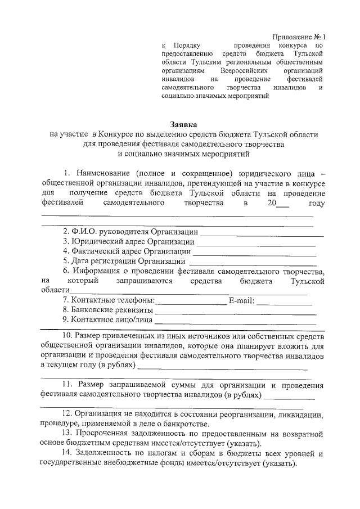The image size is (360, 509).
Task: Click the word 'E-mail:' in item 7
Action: point(242,300)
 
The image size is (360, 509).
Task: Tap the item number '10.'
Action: point(68,336)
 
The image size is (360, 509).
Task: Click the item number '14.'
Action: point(68,453)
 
